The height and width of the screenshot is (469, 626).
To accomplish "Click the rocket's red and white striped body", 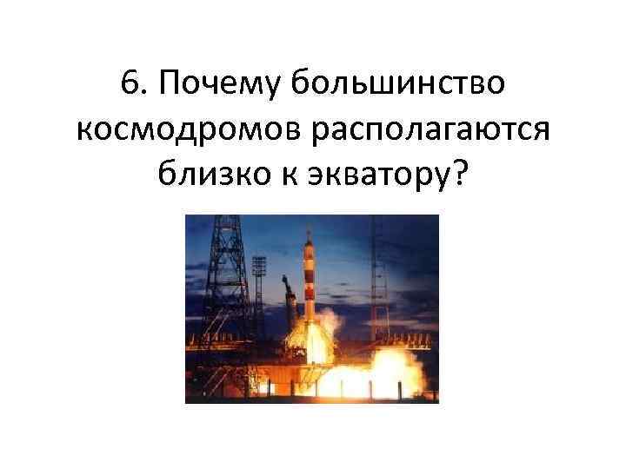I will pos(311,278).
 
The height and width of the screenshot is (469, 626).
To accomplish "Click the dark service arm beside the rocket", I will pos(290,295).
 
